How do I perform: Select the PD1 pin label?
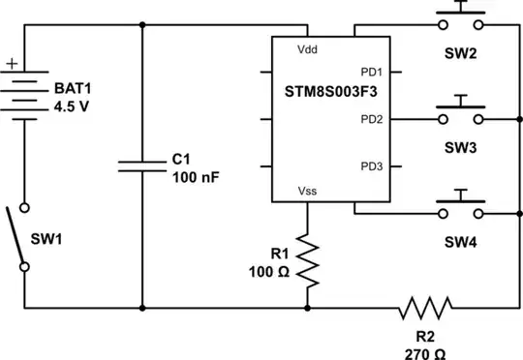pos(372,72)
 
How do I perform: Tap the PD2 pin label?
pos(372,119)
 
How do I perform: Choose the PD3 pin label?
pos(372,166)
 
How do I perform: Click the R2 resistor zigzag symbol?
pos(426,309)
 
